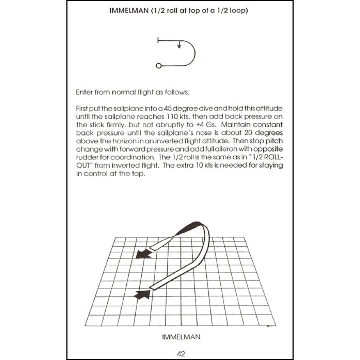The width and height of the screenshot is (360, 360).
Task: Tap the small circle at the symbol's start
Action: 158,66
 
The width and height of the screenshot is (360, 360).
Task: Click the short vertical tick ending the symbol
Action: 158,40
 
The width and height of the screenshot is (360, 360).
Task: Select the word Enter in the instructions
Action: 84,92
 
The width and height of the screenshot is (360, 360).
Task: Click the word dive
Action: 184,109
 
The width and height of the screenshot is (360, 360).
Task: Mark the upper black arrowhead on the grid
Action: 141,254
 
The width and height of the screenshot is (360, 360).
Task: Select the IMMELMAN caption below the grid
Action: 181,337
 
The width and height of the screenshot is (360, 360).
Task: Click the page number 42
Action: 180,353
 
